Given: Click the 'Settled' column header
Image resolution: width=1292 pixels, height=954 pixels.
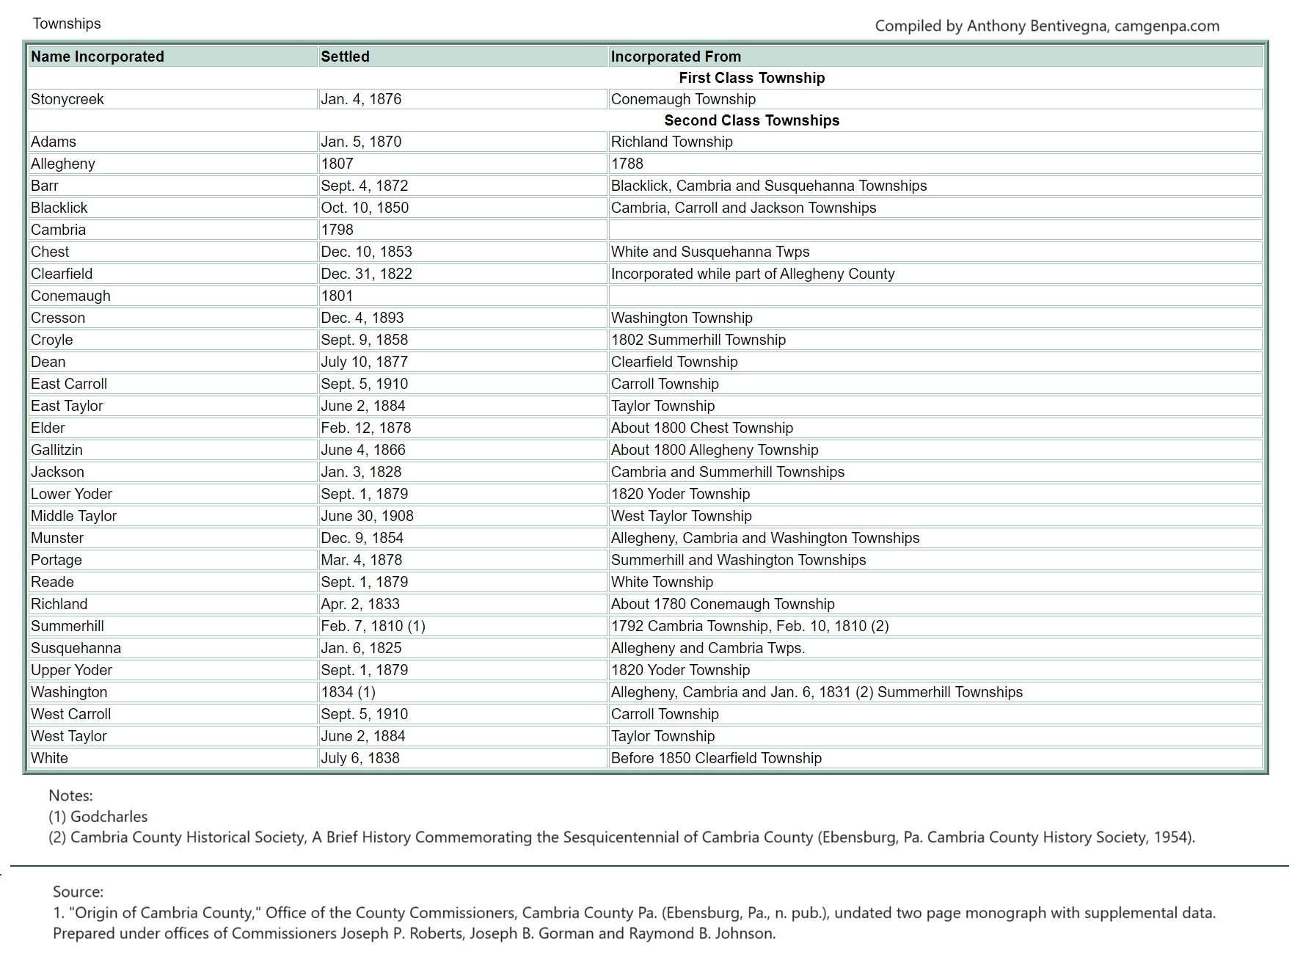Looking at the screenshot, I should [x=345, y=57].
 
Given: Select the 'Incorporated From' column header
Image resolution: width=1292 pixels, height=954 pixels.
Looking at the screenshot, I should [x=676, y=57].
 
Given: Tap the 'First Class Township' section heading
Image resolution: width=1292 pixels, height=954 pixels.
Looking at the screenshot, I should [x=751, y=78].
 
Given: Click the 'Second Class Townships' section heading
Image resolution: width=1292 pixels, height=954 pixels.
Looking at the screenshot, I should [x=751, y=120].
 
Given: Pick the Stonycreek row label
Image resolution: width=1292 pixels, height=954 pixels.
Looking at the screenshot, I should [x=67, y=99].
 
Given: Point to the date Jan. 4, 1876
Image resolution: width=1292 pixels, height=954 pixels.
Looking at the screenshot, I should [x=361, y=99].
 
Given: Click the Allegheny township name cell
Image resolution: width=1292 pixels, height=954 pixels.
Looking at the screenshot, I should [x=63, y=164].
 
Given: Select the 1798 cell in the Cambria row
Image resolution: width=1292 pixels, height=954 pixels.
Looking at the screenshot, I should [x=337, y=230].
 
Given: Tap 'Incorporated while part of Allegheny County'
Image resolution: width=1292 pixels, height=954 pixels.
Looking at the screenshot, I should [x=753, y=274].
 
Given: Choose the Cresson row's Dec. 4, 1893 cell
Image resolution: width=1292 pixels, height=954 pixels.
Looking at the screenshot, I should [x=362, y=318].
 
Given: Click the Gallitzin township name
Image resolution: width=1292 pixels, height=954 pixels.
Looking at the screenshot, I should [x=56, y=450].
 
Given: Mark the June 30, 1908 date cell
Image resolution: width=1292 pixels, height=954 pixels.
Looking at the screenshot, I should [x=367, y=516].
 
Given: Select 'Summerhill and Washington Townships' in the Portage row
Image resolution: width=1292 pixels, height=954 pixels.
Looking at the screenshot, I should [x=738, y=560].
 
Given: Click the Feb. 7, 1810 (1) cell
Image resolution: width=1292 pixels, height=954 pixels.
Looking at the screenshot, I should [x=373, y=626].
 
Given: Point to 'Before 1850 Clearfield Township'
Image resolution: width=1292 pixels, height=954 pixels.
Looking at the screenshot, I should [x=716, y=758].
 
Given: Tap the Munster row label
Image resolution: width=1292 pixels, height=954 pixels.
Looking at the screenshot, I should [x=57, y=538].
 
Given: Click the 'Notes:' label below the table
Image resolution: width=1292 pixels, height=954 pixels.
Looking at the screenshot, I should [x=70, y=795].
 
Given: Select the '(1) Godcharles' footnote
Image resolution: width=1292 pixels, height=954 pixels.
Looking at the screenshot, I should [x=98, y=817].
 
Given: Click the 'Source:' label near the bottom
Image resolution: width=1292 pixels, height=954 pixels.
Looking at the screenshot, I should [x=78, y=892].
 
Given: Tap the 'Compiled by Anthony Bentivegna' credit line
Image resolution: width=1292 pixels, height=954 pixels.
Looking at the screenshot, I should [x=1047, y=26].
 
